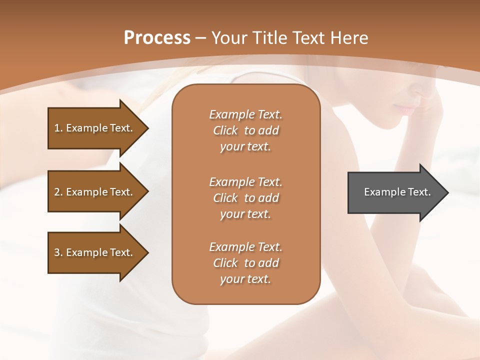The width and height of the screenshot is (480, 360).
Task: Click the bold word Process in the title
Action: point(157,38)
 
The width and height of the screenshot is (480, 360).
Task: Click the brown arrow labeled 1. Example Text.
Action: point(95,128)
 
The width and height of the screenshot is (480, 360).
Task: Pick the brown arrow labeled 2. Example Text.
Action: point(95,192)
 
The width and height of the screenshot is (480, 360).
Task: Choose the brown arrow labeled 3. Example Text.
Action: point(95,252)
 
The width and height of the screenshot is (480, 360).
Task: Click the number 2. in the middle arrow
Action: point(58,192)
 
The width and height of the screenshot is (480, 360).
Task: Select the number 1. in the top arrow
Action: point(58,128)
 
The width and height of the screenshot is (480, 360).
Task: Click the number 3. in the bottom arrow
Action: point(58,252)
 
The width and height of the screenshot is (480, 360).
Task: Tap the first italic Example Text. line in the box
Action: point(245,114)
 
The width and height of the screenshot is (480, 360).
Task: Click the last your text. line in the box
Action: point(245,279)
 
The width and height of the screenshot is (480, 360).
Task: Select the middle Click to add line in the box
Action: point(245,198)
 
